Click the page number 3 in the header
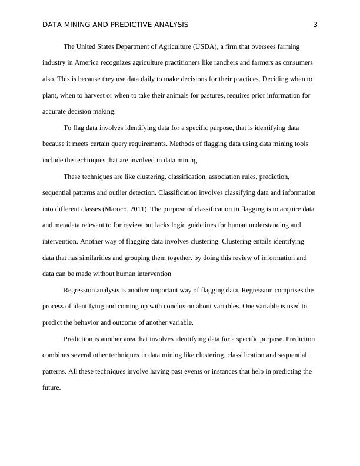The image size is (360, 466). pyautogui.click(x=315, y=25)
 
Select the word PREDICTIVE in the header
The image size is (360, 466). pyautogui.click(x=128, y=25)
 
